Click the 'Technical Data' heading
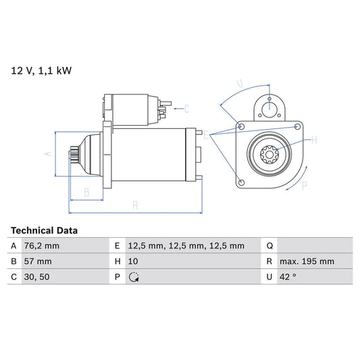(x=44, y=230)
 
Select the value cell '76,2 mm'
(x=42, y=246)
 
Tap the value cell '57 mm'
(x=37, y=261)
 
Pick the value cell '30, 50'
(x=36, y=277)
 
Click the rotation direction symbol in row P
(x=134, y=277)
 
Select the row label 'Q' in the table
(x=269, y=246)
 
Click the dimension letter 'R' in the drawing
(x=135, y=204)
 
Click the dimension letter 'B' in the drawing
(x=86, y=192)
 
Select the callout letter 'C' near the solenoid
(x=186, y=108)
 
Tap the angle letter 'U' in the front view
(x=240, y=84)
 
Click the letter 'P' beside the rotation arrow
(x=304, y=185)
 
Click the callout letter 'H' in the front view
(x=313, y=140)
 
